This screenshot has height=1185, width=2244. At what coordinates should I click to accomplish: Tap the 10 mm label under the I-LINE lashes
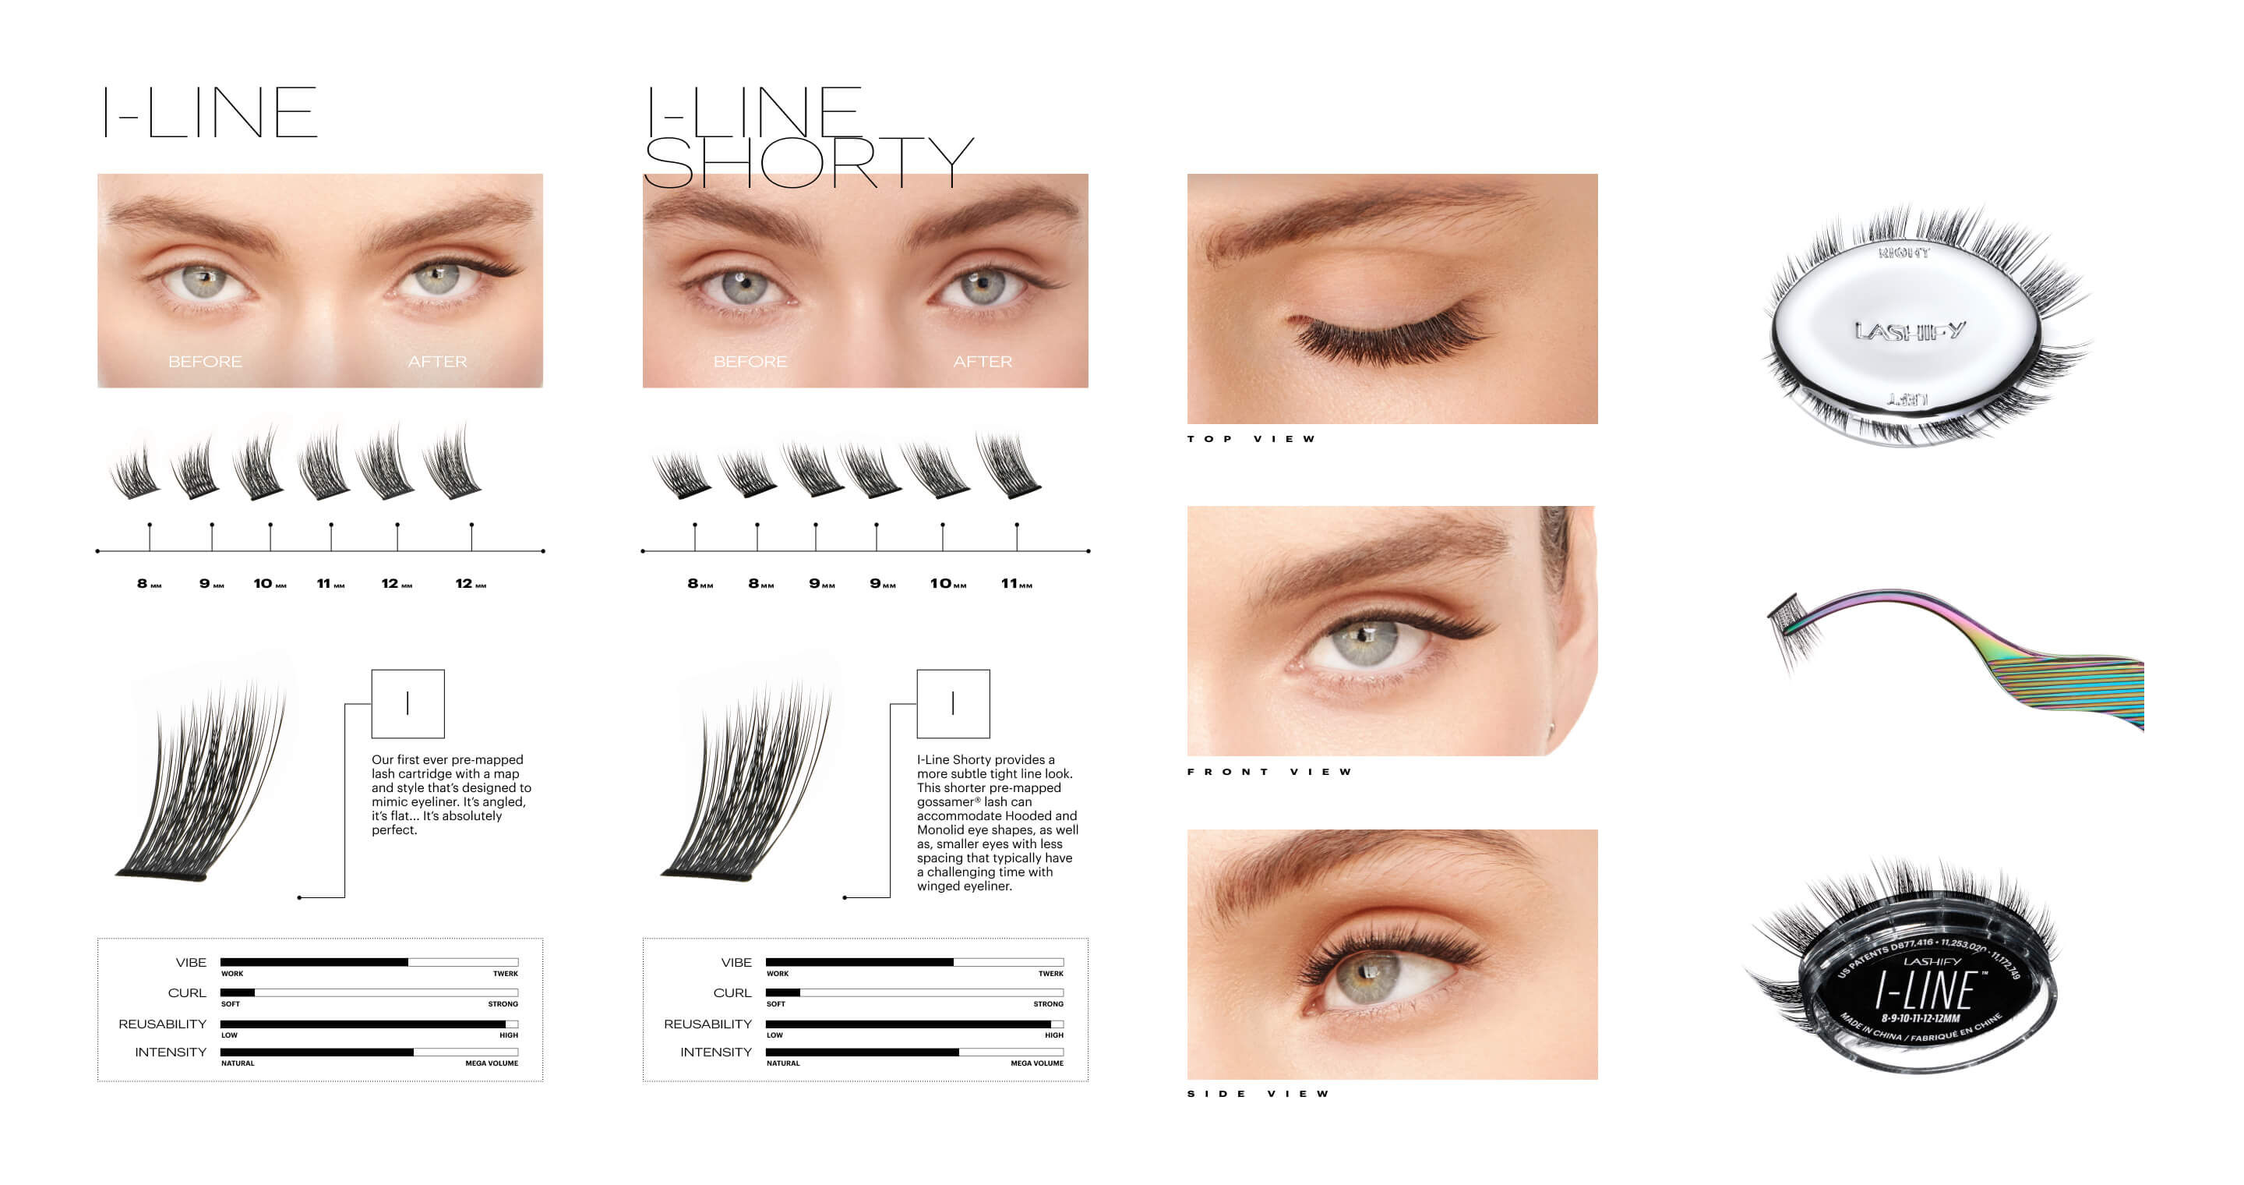(269, 584)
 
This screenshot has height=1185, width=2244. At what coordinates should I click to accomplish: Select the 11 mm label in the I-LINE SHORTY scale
(1016, 584)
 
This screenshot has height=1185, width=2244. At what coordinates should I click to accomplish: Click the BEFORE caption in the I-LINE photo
(205, 362)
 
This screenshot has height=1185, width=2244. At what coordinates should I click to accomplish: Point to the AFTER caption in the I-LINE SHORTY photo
(983, 362)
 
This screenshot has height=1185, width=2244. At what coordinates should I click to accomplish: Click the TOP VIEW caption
(1251, 439)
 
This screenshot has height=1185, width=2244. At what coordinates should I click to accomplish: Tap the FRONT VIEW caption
(1269, 772)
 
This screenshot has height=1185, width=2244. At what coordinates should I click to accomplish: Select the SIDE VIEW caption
(1258, 1095)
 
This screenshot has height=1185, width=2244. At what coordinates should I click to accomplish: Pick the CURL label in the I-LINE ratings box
(186, 993)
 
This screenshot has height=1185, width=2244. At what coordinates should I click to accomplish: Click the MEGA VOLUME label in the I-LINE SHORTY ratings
(1036, 1064)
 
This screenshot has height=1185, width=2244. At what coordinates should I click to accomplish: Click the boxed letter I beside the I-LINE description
(408, 704)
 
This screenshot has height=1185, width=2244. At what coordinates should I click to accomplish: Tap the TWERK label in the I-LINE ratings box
(505, 975)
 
